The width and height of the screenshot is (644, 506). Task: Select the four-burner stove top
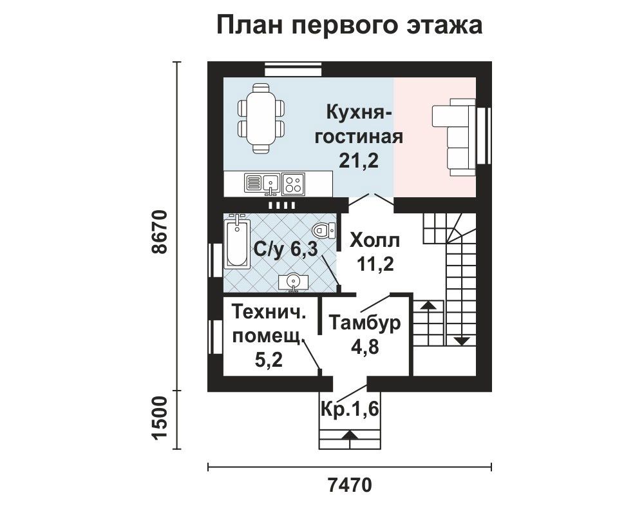[x=293, y=183]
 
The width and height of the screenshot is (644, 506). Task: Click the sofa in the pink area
[x=454, y=137]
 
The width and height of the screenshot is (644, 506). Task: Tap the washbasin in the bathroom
[x=293, y=282]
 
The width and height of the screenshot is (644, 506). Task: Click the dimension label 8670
[x=158, y=232]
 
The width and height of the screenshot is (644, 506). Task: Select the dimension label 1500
[x=160, y=419]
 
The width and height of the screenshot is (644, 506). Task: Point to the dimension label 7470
[x=350, y=485]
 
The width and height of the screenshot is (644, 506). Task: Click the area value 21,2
[x=359, y=161]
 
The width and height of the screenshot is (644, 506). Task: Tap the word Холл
[x=375, y=240]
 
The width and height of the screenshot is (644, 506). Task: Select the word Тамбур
[x=365, y=323]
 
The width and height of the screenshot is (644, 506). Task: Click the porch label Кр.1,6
[x=350, y=409]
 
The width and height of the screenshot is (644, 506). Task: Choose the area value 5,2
[x=269, y=360]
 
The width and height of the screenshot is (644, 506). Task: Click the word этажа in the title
[x=444, y=25]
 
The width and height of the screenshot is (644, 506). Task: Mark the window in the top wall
[x=293, y=69]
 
